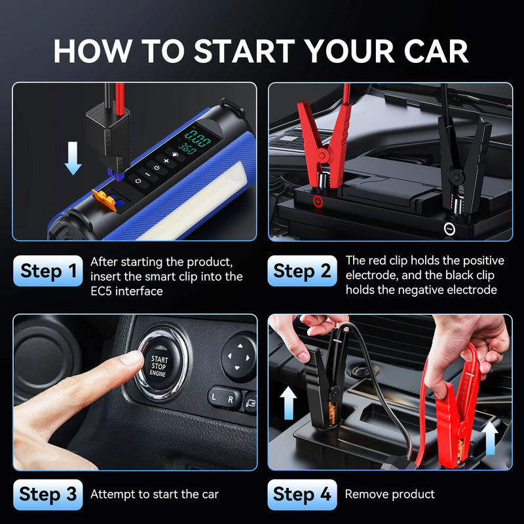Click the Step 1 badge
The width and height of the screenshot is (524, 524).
coord(48,271)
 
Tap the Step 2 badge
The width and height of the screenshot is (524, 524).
coord(302,271)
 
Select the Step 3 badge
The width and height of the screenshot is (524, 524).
coord(48,495)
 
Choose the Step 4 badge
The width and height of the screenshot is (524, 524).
coord(302,495)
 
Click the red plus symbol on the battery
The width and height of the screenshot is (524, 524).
coord(318,202)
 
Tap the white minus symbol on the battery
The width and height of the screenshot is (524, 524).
coord(449,229)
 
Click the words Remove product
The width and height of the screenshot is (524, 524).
coord(390,495)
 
